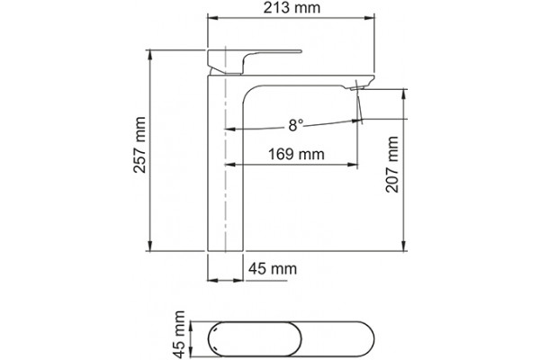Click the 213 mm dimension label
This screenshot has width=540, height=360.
click(292, 7)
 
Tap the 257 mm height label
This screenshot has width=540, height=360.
click(139, 145)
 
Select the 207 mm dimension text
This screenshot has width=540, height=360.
click(391, 165)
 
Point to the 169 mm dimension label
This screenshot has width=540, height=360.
click(296, 154)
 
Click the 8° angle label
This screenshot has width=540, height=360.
click(296, 125)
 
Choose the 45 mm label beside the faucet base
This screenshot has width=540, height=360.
click(273, 268)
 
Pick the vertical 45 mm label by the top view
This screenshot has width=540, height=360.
click(179, 334)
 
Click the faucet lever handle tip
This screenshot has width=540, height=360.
click(301, 51)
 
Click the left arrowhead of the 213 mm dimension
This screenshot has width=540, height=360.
click(211, 17)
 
